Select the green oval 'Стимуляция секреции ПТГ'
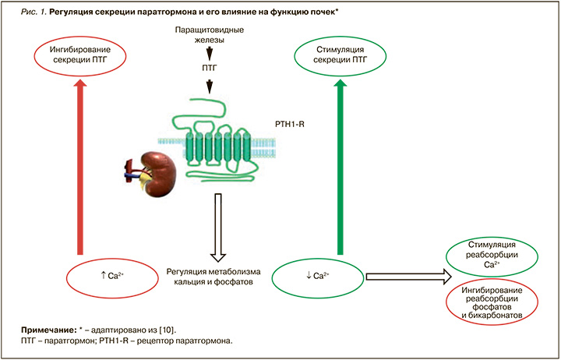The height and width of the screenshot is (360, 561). [x=339, y=56]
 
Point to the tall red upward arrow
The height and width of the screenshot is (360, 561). [x=79, y=168]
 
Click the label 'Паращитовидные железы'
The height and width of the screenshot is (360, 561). [x=208, y=34]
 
